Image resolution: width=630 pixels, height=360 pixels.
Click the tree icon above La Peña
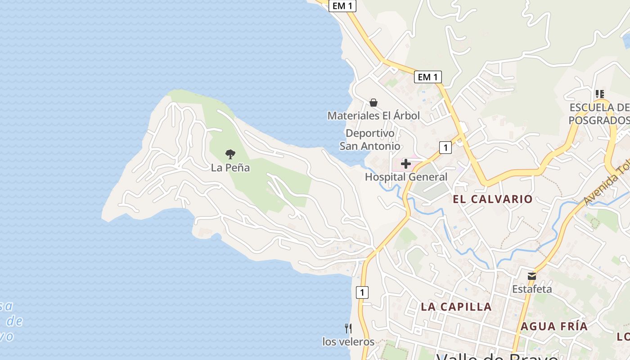230,154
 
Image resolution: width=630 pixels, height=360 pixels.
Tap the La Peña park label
230,168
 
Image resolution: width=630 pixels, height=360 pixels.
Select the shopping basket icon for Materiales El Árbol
373,103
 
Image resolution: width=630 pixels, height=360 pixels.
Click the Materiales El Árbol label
373,116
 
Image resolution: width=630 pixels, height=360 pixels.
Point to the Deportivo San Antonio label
370,139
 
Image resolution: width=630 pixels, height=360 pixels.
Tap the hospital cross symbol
406,164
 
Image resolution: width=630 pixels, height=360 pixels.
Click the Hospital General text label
406,177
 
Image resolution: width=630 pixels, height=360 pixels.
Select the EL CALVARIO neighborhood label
492,199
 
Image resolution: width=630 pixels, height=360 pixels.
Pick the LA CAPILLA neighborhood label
456,307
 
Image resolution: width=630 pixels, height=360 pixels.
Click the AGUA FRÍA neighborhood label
554,327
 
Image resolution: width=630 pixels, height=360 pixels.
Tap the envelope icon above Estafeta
532,276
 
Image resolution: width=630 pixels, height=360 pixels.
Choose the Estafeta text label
532,289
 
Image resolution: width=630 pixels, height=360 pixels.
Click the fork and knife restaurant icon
348,328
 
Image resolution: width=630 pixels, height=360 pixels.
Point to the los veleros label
348,342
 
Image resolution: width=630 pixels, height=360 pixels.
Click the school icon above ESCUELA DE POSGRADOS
599,94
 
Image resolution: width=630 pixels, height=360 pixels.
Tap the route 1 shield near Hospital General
445,147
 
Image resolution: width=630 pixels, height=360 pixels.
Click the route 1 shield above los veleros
362,292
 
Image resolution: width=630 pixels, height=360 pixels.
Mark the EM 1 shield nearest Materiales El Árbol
427,77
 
